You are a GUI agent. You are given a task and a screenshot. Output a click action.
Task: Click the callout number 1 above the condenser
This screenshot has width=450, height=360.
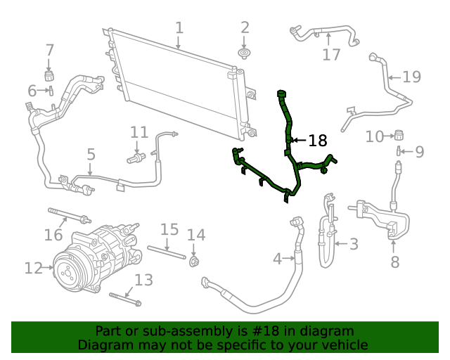click(179, 28)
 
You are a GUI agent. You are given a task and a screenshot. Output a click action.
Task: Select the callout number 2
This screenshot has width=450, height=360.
click(245, 28)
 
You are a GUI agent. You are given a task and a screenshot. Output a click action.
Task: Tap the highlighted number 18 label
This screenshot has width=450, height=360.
click(318, 141)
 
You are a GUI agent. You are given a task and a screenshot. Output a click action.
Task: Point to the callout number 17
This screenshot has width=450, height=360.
click(331, 54)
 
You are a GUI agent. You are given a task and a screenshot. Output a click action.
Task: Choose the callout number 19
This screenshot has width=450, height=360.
click(411, 77)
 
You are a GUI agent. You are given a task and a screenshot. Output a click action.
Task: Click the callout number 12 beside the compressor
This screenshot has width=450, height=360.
click(33, 268)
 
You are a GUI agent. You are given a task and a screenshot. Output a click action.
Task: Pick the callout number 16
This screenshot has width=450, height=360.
click(53, 235)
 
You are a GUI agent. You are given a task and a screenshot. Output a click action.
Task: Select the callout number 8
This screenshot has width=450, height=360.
click(394, 262)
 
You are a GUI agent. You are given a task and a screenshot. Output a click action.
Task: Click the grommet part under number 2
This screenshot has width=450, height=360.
click(244, 54)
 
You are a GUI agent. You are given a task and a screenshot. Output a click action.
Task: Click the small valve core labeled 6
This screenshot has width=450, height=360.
click(51, 90)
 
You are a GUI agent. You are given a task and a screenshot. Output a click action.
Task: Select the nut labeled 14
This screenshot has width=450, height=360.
click(195, 262)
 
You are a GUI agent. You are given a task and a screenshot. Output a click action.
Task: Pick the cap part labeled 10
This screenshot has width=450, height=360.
click(398, 134)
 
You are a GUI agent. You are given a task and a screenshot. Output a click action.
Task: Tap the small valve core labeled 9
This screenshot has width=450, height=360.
click(399, 150)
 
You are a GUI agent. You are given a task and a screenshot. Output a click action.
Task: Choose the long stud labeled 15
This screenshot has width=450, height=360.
click(169, 252)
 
